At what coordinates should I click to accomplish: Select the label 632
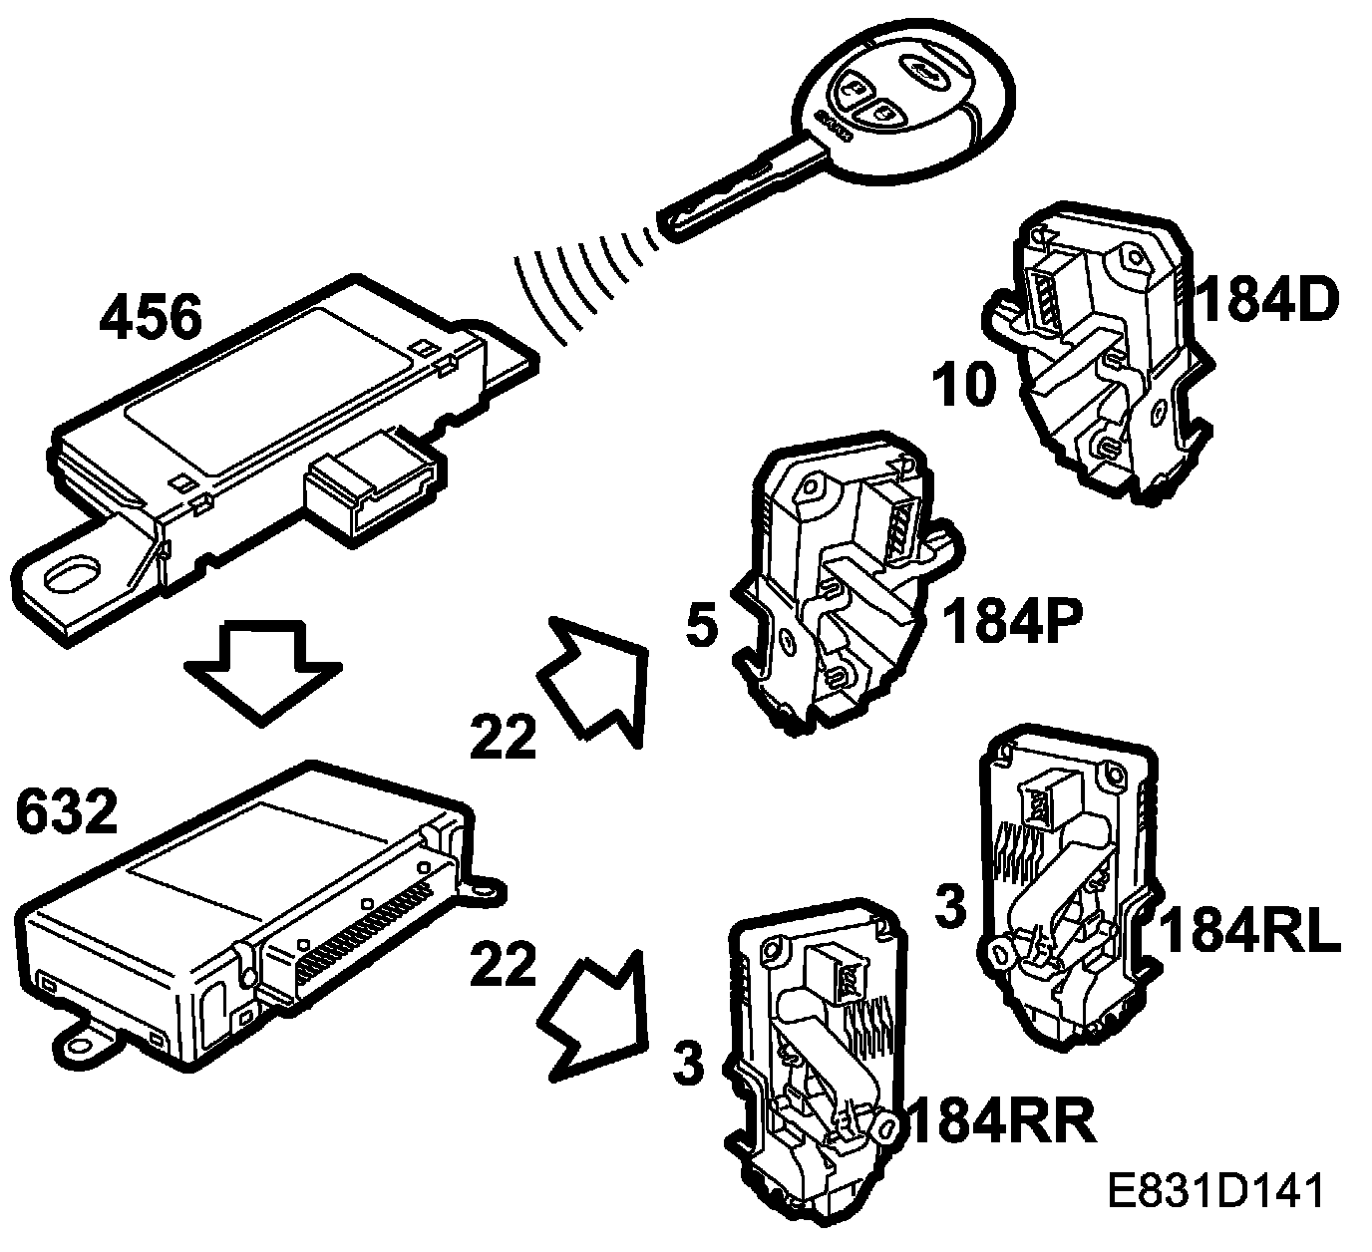coord(67,812)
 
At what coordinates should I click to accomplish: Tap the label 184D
coord(1265,301)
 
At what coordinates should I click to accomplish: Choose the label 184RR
coord(1002,1121)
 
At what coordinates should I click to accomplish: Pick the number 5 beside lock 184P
coord(702,629)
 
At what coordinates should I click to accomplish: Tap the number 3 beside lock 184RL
coord(952,906)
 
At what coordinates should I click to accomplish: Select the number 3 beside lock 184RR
coord(688,1064)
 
